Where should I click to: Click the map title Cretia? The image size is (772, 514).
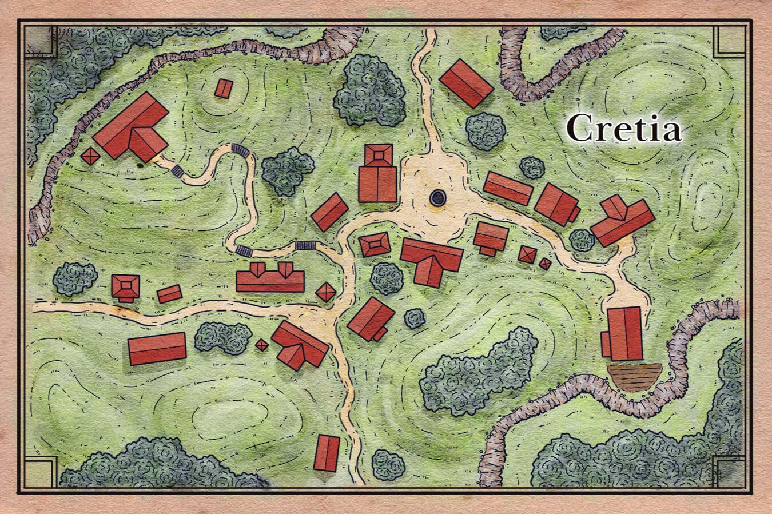(x=624, y=128)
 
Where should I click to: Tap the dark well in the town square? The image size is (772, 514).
(x=438, y=198)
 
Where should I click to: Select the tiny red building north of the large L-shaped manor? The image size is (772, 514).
(x=224, y=89)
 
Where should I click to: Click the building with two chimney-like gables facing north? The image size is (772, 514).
(x=270, y=278)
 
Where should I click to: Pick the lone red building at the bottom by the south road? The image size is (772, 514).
(x=327, y=453)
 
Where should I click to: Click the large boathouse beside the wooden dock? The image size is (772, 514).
(x=624, y=334)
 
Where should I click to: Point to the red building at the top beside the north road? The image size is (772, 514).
(x=466, y=83)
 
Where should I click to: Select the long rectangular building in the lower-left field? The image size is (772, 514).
(x=157, y=348)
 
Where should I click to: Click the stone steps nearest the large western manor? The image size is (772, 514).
(x=177, y=170)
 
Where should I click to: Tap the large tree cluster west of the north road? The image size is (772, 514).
(x=369, y=92)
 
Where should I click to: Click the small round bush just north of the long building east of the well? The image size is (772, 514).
(x=532, y=168)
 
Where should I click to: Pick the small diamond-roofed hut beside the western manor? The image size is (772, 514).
(x=90, y=156)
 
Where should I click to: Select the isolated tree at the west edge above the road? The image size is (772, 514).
(x=75, y=278)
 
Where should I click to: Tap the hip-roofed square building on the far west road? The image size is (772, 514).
(x=126, y=286)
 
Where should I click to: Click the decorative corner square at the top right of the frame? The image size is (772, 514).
(x=730, y=42)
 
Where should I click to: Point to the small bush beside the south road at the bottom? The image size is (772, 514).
(x=388, y=464)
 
